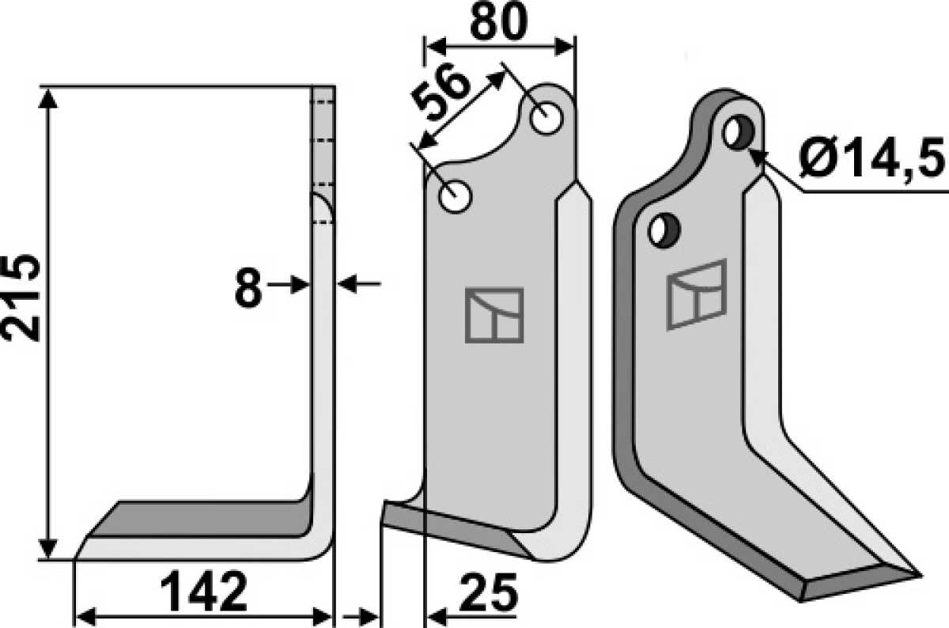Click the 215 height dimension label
[x=21, y=297]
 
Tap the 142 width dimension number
[x=204, y=591]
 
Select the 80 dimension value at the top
[x=499, y=22]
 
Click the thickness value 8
[x=248, y=288]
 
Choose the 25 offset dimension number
[x=489, y=592]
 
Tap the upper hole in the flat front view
[x=546, y=118]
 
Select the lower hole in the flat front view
[x=455, y=197]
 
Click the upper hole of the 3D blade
[x=739, y=132]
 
